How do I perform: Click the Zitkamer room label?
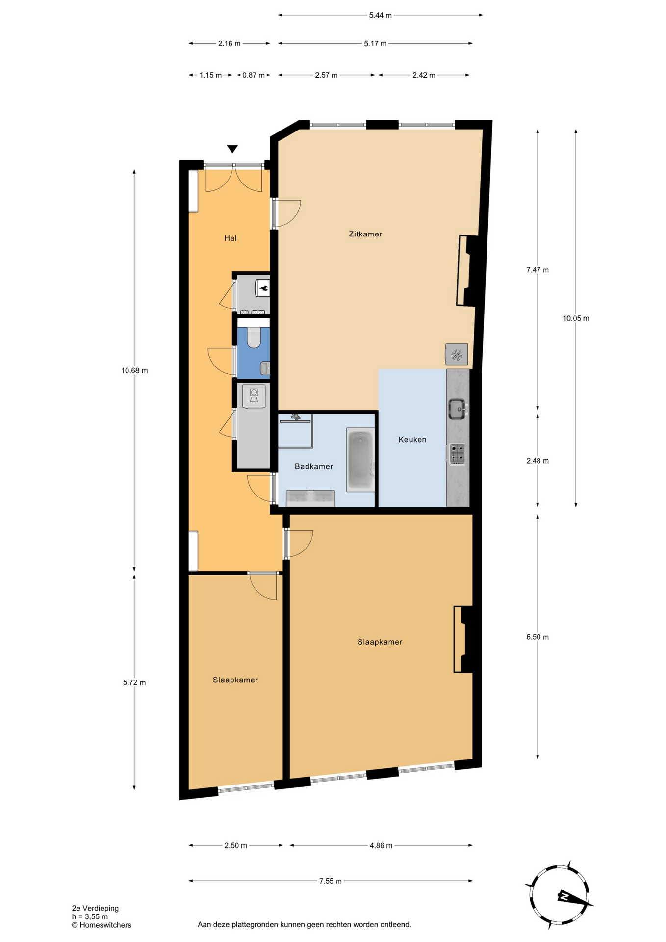(365, 234)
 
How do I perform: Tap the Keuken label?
(412, 440)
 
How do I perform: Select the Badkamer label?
(314, 466)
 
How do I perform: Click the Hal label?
(231, 238)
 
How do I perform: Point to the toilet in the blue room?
(254, 337)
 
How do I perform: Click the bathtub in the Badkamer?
(360, 460)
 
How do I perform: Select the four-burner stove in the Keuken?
(457, 454)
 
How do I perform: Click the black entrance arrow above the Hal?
(232, 149)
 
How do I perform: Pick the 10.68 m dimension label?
(134, 371)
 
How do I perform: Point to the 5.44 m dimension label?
(381, 15)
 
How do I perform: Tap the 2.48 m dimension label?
(538, 461)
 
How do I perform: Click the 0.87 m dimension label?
(254, 75)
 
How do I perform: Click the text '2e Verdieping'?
(95, 908)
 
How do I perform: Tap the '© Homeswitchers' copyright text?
(102, 925)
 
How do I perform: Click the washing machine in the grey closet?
(254, 396)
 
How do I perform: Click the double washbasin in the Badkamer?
(311, 498)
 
